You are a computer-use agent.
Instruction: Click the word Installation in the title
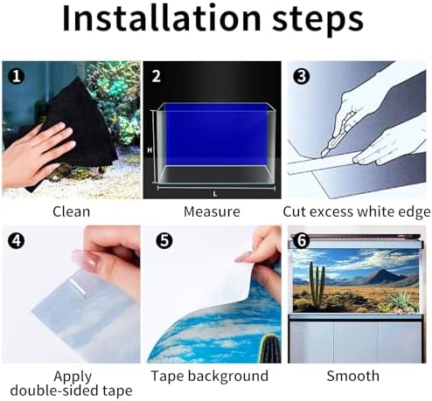[x=162, y=18]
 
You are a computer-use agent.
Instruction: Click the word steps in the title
[x=317, y=20]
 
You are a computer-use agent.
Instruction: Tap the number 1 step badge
[x=17, y=76]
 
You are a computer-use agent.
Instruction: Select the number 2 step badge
[x=157, y=76]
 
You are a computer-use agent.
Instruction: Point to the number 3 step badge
[x=302, y=76]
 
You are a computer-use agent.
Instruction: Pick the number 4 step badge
[x=17, y=241]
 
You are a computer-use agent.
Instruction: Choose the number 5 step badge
[x=164, y=241]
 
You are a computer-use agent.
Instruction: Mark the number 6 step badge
[x=302, y=241]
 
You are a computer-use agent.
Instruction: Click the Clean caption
[x=72, y=211]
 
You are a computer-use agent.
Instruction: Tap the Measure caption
[x=212, y=211]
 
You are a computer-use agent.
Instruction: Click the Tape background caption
[x=210, y=377]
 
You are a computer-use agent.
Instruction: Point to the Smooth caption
[x=353, y=376]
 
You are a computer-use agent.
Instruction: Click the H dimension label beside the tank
[x=150, y=150]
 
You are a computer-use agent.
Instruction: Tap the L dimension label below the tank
[x=215, y=194]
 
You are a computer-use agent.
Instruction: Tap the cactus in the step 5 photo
[x=269, y=349]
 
